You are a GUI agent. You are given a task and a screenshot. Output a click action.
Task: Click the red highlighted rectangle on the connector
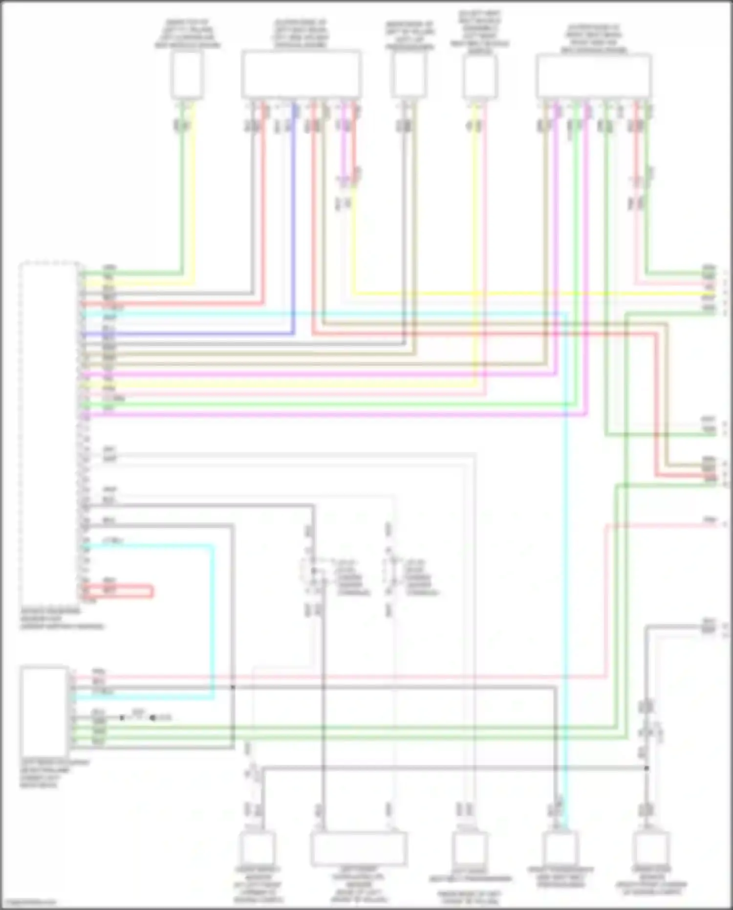[x=117, y=592]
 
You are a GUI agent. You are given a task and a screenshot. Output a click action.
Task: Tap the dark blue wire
[x=195, y=334]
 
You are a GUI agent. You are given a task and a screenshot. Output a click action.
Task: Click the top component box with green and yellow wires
[x=187, y=75]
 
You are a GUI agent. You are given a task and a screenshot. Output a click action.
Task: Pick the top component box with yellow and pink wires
[x=480, y=77]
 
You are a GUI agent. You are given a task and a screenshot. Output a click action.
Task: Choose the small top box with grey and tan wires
[x=409, y=75]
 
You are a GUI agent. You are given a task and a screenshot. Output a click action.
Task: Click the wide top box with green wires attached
[x=593, y=76]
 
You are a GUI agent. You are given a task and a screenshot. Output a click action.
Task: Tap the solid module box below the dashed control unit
[x=44, y=711]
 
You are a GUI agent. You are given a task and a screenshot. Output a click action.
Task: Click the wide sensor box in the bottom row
[x=358, y=848]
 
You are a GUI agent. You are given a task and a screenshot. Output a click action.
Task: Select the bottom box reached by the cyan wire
[x=560, y=848]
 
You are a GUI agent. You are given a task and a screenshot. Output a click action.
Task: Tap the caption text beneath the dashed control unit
[x=62, y=619]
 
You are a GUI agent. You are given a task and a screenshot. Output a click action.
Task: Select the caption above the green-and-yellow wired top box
[x=187, y=34]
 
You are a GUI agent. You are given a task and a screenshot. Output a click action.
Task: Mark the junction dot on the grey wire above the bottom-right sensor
[x=647, y=768]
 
